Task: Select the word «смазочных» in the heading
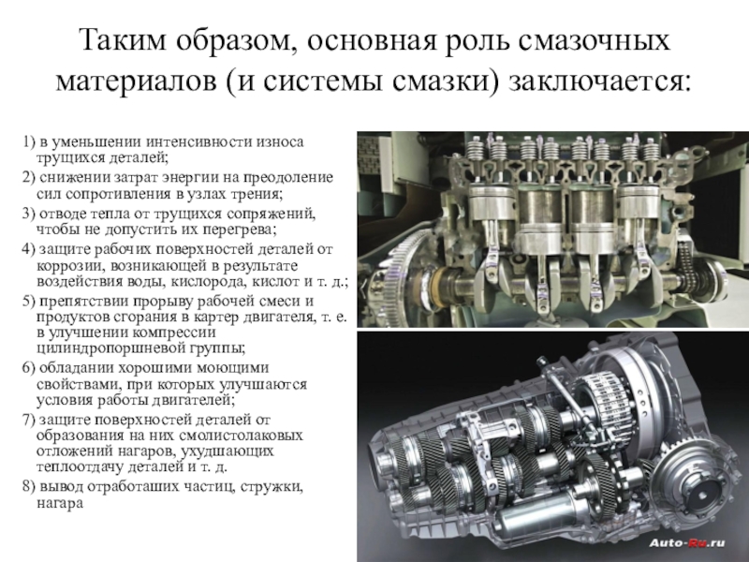tap(593, 40)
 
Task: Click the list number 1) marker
tap(29, 142)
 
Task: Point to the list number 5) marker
tap(29, 301)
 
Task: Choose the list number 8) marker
tap(29, 486)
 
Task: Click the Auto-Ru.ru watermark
tap(687, 542)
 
